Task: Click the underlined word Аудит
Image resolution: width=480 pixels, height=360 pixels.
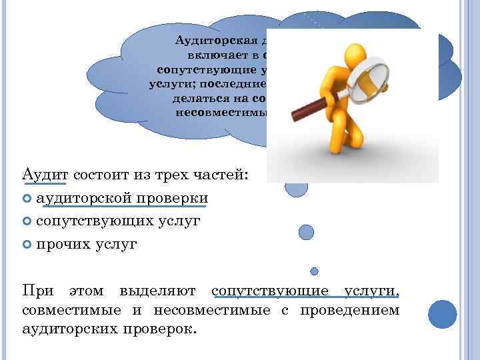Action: pos(45,175)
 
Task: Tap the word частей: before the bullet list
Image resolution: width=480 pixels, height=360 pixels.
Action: pos(224,175)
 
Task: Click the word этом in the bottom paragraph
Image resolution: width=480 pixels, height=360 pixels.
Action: pos(86,291)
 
